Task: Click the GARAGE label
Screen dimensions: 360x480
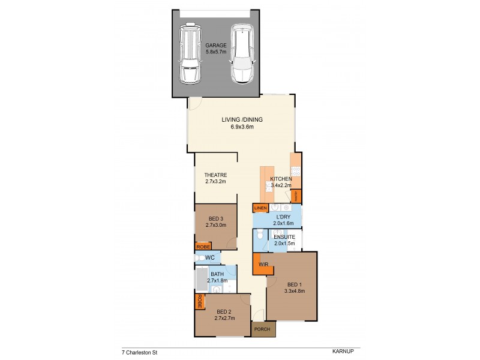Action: (x=216, y=46)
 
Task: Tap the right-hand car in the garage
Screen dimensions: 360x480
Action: (x=241, y=54)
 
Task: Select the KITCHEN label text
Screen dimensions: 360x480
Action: (x=280, y=179)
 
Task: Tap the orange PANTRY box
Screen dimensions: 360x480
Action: (x=296, y=196)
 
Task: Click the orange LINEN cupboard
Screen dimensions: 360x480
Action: (x=260, y=208)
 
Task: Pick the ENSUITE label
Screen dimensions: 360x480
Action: (x=285, y=237)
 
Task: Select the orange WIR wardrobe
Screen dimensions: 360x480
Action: (x=262, y=264)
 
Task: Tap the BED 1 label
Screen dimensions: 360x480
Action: (x=295, y=284)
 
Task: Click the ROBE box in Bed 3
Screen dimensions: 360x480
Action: (x=202, y=246)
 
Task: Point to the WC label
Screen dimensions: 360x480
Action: (x=210, y=258)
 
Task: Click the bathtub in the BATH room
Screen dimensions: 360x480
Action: (x=200, y=280)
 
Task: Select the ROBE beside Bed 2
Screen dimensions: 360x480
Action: (x=199, y=302)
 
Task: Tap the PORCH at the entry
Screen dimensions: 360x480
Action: (x=261, y=329)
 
